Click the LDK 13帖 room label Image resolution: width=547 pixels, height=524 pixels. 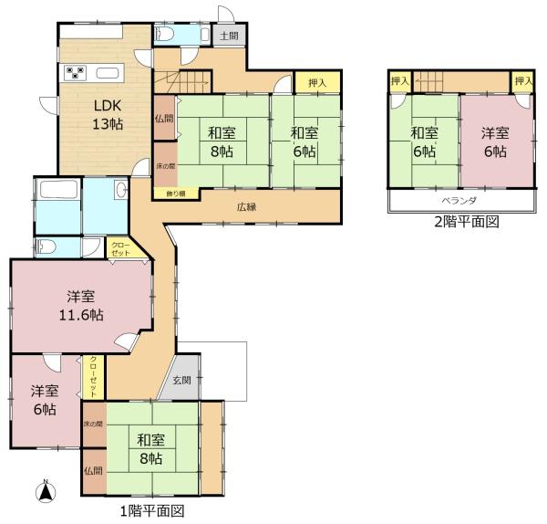[x=108, y=115]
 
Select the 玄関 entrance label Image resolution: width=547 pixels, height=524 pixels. [x=182, y=380]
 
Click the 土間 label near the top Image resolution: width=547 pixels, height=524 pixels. [x=229, y=36]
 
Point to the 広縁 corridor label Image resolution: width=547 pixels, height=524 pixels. [x=247, y=207]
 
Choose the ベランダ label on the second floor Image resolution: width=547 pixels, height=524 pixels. [x=459, y=201]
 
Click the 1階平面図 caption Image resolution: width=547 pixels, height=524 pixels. [x=151, y=511]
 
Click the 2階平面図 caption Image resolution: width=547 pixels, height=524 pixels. [x=467, y=222]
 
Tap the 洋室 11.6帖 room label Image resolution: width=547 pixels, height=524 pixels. [x=81, y=306]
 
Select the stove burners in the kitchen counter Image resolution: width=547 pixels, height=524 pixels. [x=76, y=73]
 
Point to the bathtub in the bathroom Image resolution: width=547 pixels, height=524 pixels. [x=58, y=189]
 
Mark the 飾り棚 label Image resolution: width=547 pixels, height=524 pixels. [x=176, y=194]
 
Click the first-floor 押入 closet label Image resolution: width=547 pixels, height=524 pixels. [x=317, y=83]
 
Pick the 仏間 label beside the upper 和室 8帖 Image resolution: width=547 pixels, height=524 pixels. [x=164, y=119]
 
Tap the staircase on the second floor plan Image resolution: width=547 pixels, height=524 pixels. [x=428, y=82]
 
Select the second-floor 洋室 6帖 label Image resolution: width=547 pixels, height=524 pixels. [x=495, y=142]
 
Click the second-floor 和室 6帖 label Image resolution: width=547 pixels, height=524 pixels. [x=424, y=142]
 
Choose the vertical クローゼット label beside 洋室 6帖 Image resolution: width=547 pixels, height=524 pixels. [x=94, y=377]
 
